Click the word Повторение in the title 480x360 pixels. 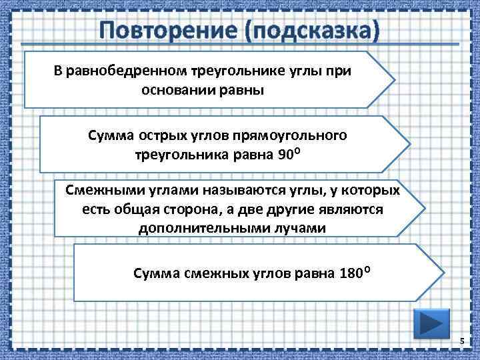[x=163, y=30]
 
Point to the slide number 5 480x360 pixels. [x=461, y=342]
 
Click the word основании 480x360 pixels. [x=179, y=90]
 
